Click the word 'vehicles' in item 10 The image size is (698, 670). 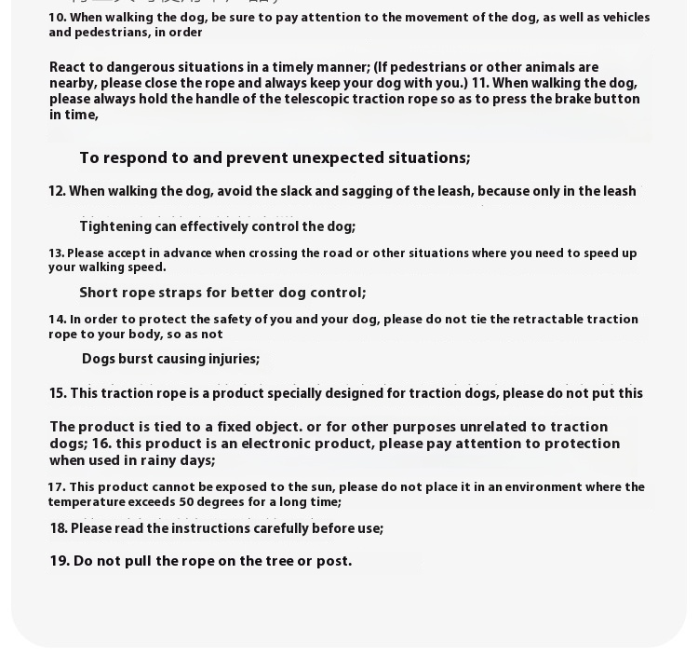[628, 18]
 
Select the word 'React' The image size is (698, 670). [67, 67]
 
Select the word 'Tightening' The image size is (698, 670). [115, 226]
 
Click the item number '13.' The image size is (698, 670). [56, 253]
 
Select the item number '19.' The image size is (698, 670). [60, 561]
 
